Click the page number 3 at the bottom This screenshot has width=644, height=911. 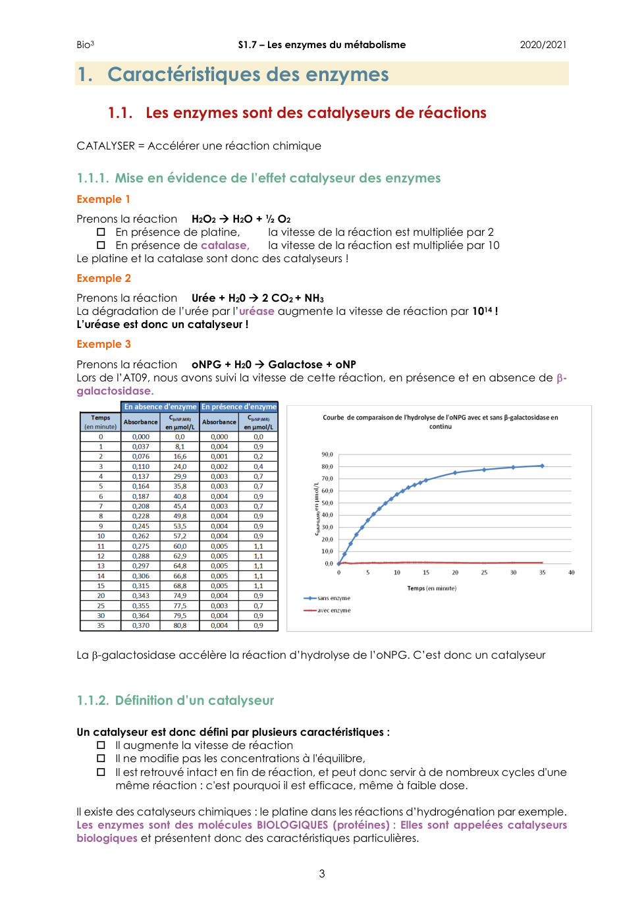322,873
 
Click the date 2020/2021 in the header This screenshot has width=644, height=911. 543,45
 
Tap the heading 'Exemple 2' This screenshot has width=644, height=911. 103,278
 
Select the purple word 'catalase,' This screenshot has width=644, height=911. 225,245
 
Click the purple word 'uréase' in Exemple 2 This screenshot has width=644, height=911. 256,311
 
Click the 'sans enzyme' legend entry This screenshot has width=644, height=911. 333,598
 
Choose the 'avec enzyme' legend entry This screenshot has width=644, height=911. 333,611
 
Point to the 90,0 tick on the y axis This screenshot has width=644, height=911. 327,455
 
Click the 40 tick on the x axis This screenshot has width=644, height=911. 572,572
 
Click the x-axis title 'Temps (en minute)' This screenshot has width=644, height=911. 431,588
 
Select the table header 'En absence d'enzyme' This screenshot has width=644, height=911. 160,407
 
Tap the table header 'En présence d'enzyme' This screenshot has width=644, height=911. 239,407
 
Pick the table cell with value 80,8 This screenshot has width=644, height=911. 180,626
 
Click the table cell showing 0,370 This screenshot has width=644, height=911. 140,626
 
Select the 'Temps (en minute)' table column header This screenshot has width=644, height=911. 101,422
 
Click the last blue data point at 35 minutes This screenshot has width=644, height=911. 543,466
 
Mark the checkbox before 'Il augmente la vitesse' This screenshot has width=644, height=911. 101,745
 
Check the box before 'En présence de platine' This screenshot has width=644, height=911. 101,232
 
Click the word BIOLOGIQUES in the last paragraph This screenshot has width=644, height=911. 292,825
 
